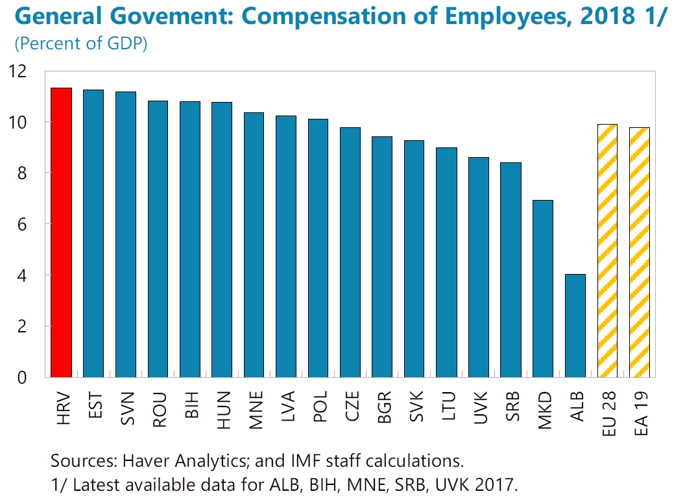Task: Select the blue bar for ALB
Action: pos(575,325)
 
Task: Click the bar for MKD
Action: pos(543,288)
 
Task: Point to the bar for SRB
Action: pos(511,269)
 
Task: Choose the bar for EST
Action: pos(93,233)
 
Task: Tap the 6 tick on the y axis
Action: pos(26,224)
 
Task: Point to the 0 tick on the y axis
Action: pos(26,377)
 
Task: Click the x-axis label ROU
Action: pos(158,408)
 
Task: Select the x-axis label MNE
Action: pos(254,408)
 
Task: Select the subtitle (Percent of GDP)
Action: pos(80,44)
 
